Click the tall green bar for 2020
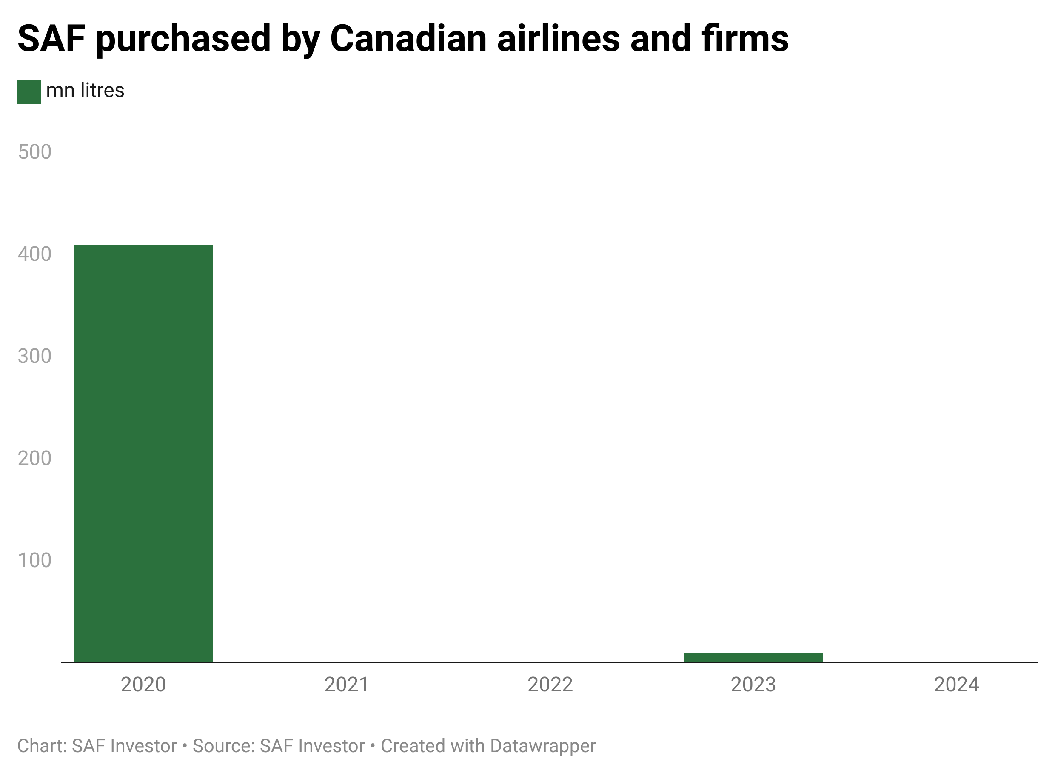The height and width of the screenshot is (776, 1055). [x=143, y=453]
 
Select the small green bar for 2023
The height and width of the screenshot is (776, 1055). [x=753, y=657]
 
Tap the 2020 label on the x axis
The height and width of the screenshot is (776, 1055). [x=143, y=685]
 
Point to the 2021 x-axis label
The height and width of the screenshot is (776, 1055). [x=347, y=685]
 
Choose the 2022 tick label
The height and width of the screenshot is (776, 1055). [x=550, y=685]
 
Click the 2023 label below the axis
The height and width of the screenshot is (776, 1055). [x=753, y=685]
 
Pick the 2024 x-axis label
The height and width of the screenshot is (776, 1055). [x=956, y=685]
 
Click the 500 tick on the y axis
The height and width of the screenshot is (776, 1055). [x=34, y=152]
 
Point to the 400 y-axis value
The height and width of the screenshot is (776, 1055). [x=34, y=254]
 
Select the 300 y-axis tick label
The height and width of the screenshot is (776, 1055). [x=34, y=356]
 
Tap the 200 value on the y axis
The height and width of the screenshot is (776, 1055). [x=34, y=458]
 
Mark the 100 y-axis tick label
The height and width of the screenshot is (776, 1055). [x=34, y=560]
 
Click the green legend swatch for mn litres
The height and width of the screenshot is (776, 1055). [x=29, y=91]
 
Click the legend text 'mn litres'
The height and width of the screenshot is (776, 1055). [x=85, y=90]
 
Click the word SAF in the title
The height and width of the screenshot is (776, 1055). [x=51, y=39]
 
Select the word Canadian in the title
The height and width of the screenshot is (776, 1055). [x=408, y=39]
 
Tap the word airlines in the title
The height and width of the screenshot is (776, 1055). [x=558, y=39]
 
